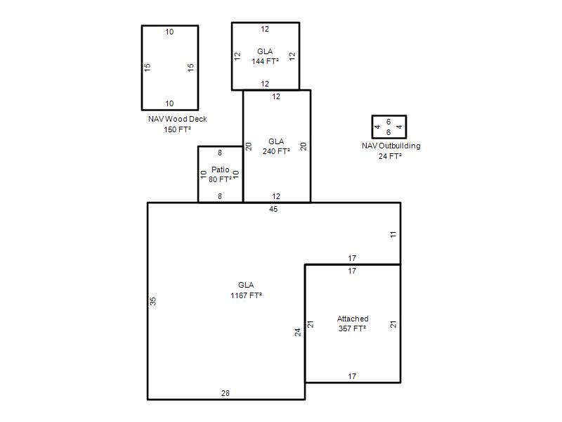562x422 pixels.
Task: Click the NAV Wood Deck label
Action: point(178,119)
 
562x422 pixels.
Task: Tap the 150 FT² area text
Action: point(178,129)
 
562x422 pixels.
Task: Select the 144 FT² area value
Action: point(266,61)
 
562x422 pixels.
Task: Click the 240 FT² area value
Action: point(276,151)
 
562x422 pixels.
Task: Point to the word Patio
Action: point(220,170)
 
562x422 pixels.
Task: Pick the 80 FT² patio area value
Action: point(220,179)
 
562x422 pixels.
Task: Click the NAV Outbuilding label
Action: point(391,146)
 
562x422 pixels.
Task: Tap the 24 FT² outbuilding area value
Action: point(390,156)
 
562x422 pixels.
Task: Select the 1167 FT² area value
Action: point(247,295)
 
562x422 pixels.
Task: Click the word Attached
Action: point(353,319)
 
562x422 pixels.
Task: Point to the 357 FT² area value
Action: point(353,328)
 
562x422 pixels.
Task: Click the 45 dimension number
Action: point(273,209)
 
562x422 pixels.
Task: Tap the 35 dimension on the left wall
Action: point(153,301)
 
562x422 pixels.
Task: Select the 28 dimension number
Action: point(226,393)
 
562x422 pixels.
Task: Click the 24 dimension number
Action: point(298,332)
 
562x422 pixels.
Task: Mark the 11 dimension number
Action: point(393,234)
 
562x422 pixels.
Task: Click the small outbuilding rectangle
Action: point(372,127)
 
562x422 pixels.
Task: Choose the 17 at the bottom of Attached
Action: point(352,376)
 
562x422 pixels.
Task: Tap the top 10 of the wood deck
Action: point(169,32)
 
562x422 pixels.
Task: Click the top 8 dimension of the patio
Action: point(220,153)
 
